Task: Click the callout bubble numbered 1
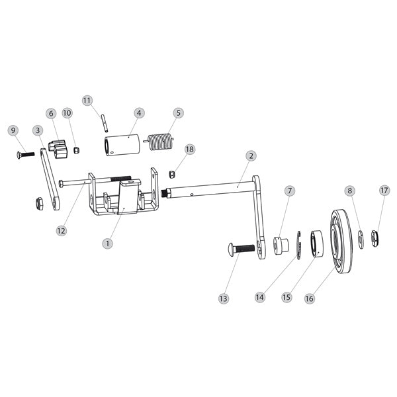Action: [x=108, y=243]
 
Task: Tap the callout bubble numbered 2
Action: [x=251, y=156]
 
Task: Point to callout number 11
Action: [x=87, y=100]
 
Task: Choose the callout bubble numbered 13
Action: [x=223, y=299]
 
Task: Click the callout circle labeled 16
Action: [x=308, y=298]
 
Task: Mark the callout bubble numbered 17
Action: [x=384, y=191]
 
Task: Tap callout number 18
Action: [x=190, y=150]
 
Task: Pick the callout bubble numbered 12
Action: [x=61, y=231]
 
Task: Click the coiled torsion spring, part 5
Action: [x=159, y=142]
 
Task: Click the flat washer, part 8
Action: [x=361, y=237]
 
